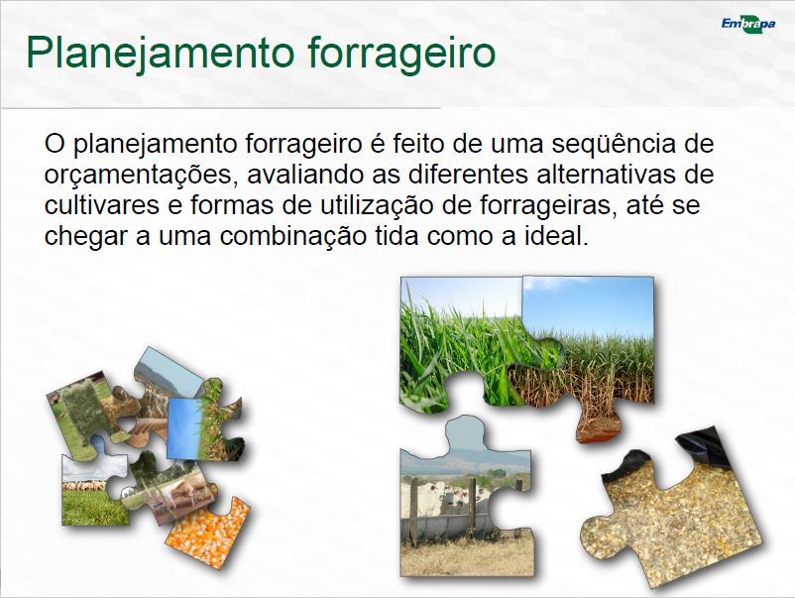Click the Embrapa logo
[x=748, y=24]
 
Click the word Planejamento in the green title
[x=161, y=54]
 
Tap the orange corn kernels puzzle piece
[x=209, y=534]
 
